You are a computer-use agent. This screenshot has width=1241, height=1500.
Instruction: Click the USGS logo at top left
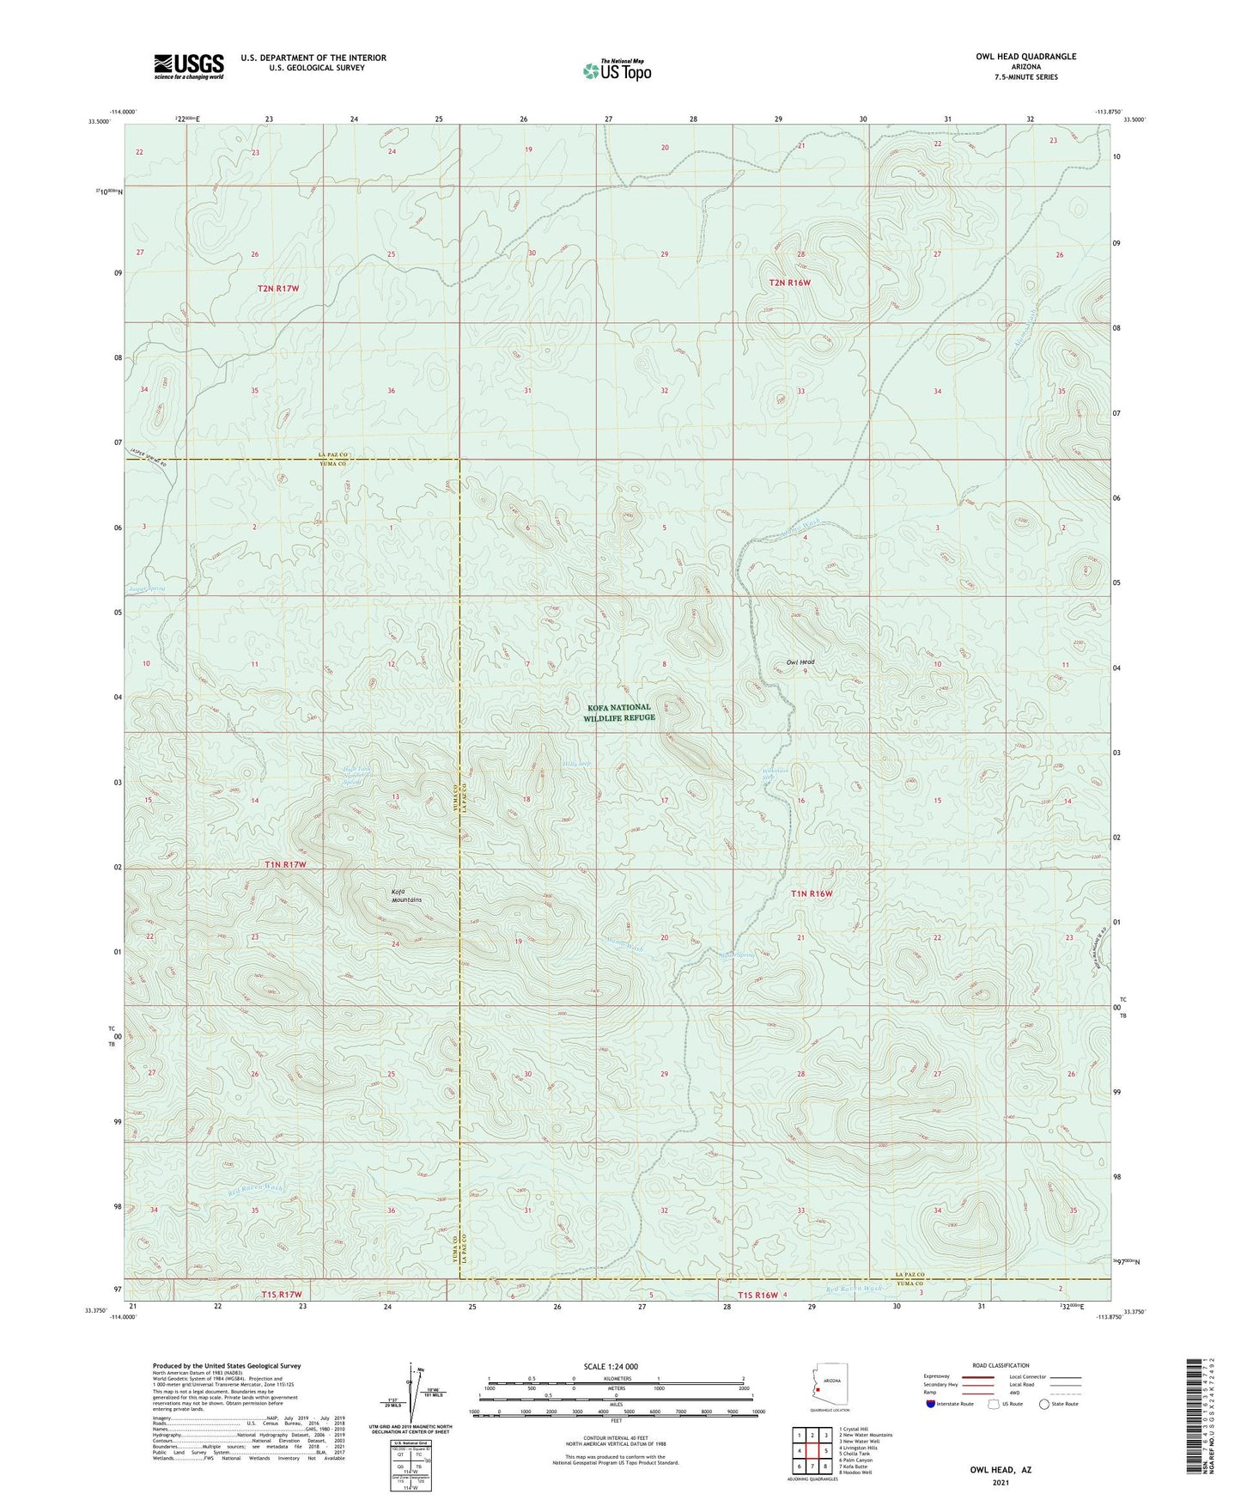(x=189, y=66)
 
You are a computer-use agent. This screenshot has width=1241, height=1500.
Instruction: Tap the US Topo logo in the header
(x=617, y=70)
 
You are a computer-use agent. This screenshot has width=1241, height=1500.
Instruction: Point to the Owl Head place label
(x=800, y=662)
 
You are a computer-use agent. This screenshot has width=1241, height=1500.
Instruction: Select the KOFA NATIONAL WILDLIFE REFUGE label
(x=619, y=712)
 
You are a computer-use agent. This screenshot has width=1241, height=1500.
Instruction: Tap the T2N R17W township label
(x=277, y=289)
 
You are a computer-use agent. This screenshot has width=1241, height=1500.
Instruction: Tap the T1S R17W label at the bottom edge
(x=277, y=1294)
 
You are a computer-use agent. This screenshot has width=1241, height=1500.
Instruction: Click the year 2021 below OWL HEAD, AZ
(x=999, y=1481)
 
